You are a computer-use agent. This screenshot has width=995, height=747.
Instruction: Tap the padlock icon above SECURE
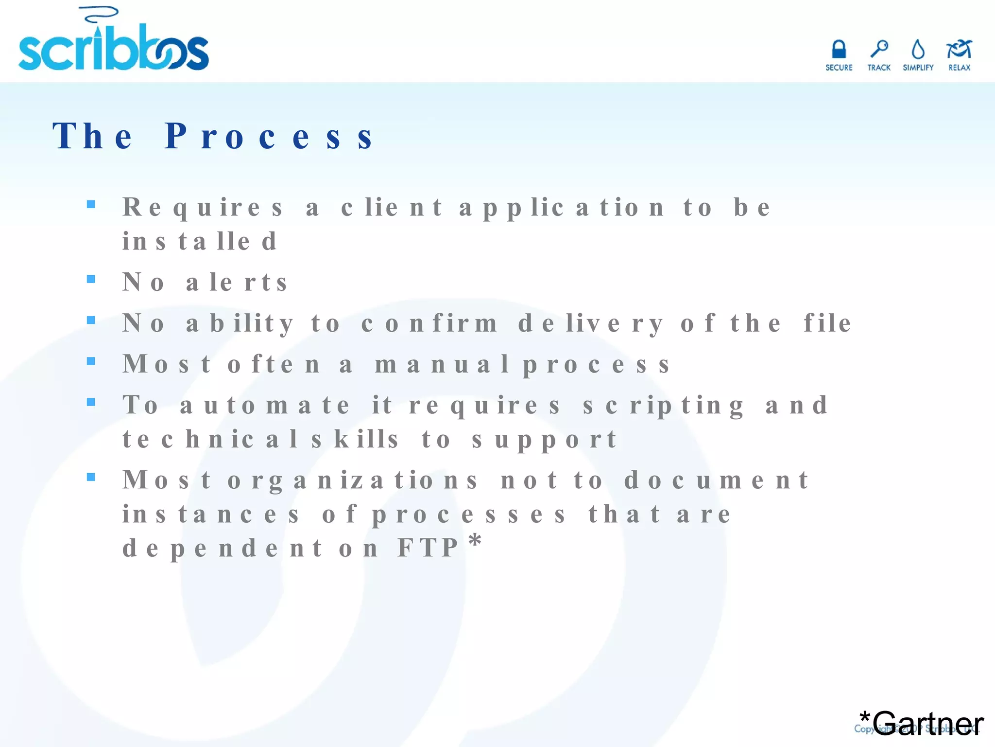[x=839, y=50]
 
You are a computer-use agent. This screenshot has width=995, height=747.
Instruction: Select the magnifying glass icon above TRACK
[x=879, y=49]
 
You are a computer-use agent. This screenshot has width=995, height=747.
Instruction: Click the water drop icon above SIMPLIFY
[x=918, y=50]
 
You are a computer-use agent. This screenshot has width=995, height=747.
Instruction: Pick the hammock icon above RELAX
[x=959, y=50]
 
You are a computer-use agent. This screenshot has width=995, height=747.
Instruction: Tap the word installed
[x=199, y=242]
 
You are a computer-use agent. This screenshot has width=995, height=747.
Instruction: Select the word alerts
[x=237, y=283]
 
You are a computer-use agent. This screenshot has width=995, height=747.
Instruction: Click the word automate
[x=264, y=406]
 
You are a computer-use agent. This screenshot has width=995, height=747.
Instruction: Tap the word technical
[x=210, y=440]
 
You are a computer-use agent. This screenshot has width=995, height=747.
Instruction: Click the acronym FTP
[x=428, y=548]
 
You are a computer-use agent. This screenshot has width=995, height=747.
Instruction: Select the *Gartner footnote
[x=921, y=722]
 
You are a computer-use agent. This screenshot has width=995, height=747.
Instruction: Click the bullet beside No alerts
[x=91, y=279]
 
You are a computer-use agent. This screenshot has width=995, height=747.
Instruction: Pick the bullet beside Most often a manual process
[x=91, y=361]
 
